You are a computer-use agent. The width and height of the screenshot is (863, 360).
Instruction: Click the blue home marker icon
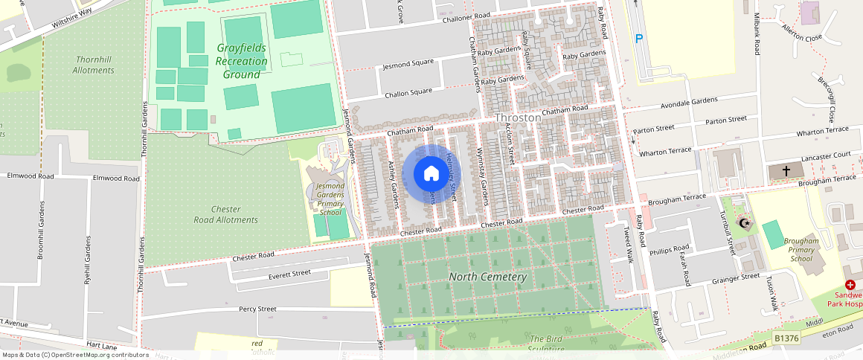pos(431,174)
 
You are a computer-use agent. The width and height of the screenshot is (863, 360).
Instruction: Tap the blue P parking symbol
pos(638,39)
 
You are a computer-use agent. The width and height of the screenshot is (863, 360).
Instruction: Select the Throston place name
pos(518,118)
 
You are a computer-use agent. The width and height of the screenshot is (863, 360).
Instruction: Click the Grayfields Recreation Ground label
pos(242,61)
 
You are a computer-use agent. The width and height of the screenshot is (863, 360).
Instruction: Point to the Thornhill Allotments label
pos(94,65)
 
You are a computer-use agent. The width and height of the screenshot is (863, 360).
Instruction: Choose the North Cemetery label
pos(487,277)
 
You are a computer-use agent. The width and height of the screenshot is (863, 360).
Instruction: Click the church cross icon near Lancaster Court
pos(786,171)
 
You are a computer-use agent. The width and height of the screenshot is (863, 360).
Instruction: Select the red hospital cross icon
pos(850,286)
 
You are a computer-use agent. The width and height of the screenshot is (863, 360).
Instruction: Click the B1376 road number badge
pos(787,338)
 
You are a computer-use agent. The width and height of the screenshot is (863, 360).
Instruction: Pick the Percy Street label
pos(257,309)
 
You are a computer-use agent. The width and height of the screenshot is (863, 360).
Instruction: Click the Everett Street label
pos(289,274)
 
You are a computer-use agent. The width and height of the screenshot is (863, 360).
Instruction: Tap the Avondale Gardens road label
pos(688,101)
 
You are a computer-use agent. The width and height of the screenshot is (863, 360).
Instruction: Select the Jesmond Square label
pos(407,65)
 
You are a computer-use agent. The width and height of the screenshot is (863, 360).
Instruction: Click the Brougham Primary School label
pos(801,250)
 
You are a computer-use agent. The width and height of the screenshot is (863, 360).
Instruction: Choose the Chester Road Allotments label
pos(225,214)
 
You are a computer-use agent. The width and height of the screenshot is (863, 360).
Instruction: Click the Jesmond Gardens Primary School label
pos(330,199)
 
